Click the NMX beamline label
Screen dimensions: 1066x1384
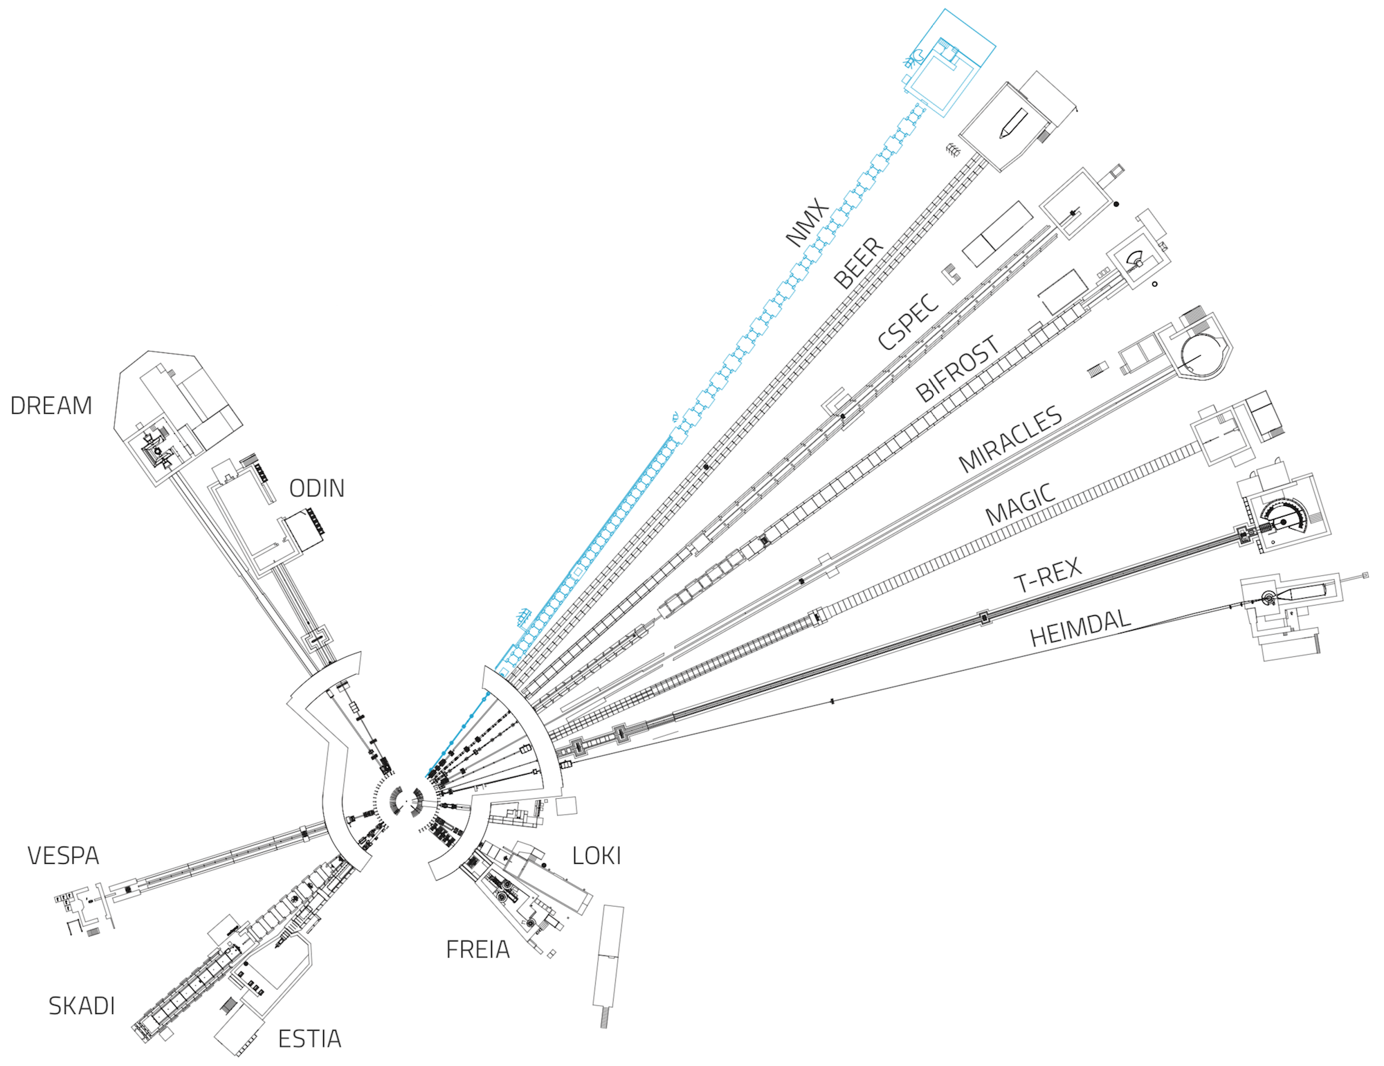[x=807, y=222]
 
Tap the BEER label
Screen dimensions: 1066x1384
[x=859, y=264]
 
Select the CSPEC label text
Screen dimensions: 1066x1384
[x=908, y=321]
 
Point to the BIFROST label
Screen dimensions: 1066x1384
[x=958, y=369]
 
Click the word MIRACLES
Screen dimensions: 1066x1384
[x=1010, y=439]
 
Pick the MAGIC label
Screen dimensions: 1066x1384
[x=1021, y=505]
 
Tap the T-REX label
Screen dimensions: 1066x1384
[x=1048, y=575]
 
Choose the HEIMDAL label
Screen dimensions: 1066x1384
[x=1080, y=627]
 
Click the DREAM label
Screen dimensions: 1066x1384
[x=51, y=406]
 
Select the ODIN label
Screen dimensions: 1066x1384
[x=317, y=489]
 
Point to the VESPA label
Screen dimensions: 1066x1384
[x=63, y=856]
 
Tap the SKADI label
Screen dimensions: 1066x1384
[x=82, y=1006]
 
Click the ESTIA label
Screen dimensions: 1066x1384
[x=309, y=1039]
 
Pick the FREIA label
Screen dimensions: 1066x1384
[x=477, y=950]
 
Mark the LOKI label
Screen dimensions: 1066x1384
[x=597, y=856]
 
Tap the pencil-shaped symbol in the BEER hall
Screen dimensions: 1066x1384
[x=1012, y=123]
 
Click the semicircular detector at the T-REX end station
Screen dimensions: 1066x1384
[x=1284, y=517]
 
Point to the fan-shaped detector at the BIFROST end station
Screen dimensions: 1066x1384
[x=1136, y=260]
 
